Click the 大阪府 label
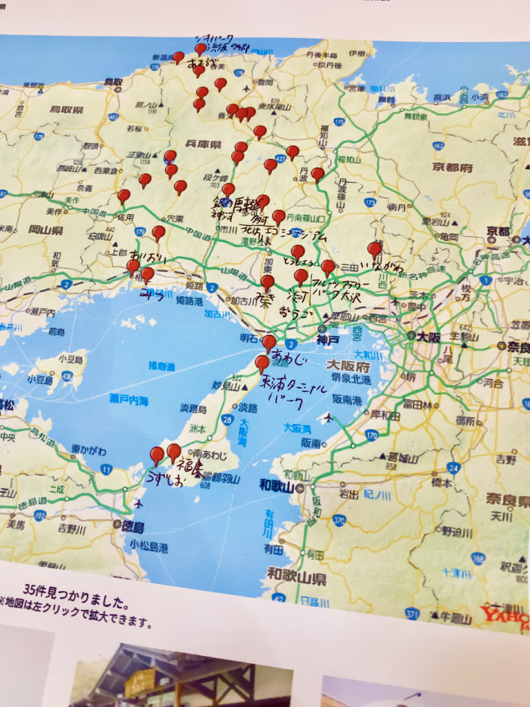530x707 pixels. tap(349, 365)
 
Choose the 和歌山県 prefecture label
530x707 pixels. tap(297, 574)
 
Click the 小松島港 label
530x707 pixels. tap(148, 548)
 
